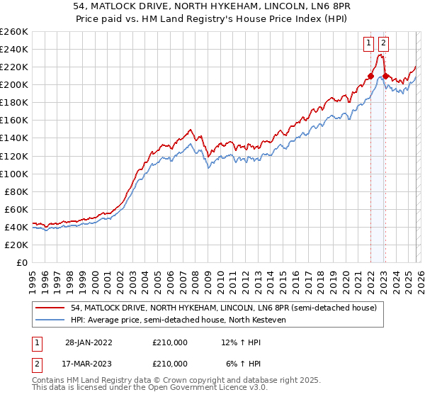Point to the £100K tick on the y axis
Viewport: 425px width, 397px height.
(x=13, y=174)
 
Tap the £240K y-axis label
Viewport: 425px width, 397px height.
(x=13, y=49)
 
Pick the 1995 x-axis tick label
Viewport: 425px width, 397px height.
(x=33, y=276)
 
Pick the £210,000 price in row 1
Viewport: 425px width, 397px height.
(x=169, y=342)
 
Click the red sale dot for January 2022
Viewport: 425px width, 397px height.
(x=370, y=76)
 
